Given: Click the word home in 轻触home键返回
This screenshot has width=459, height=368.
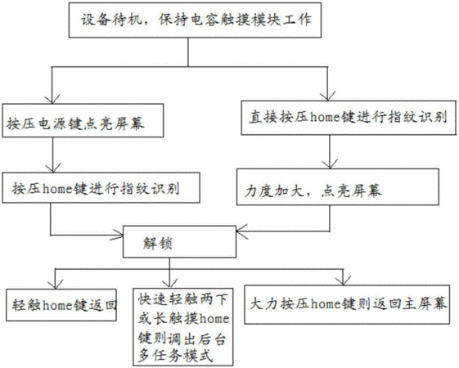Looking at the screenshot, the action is pyautogui.click(x=57, y=306).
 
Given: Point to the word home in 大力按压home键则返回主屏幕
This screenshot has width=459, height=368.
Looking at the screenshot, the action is pyautogui.click(x=325, y=304).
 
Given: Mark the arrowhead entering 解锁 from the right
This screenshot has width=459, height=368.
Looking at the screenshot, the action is pyautogui.click(x=241, y=231).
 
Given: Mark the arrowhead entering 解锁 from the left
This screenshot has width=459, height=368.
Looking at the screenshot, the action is pyautogui.click(x=117, y=235).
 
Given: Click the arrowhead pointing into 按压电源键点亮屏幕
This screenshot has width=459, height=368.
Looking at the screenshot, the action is pyautogui.click(x=52, y=99).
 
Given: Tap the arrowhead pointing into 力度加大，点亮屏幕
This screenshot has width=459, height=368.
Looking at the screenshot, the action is pyautogui.click(x=330, y=164).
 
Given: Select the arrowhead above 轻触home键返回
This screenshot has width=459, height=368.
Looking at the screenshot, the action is pyautogui.click(x=55, y=284).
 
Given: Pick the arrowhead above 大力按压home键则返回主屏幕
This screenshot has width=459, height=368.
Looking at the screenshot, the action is pyautogui.click(x=343, y=280).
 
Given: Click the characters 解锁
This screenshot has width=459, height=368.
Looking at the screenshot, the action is pyautogui.click(x=158, y=243).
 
